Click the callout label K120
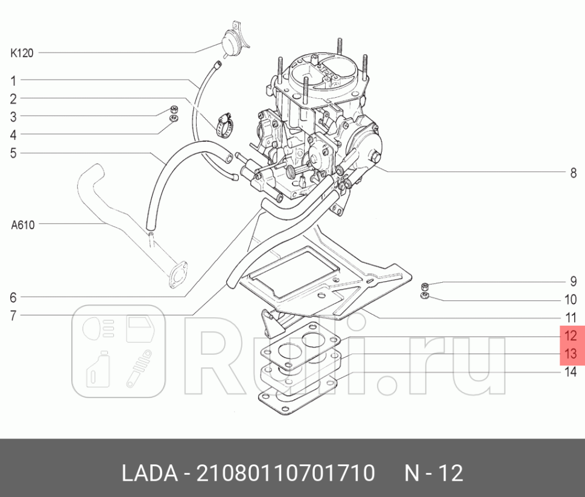tap(21, 53)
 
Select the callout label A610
tap(23, 225)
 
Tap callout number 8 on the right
tap(573, 173)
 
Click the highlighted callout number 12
tap(571, 336)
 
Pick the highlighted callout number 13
tap(571, 353)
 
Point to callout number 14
tap(571, 372)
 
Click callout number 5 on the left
tap(13, 153)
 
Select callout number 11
tap(571, 317)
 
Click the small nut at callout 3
tap(174, 110)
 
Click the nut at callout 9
tap(425, 285)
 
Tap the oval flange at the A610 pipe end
tap(176, 273)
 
